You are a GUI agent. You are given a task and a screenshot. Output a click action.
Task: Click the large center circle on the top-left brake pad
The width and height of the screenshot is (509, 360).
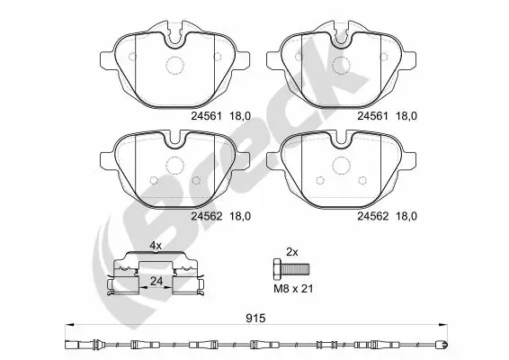click(x=175, y=67)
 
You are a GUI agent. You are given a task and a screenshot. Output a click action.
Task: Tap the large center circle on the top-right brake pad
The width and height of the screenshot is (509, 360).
click(x=341, y=66)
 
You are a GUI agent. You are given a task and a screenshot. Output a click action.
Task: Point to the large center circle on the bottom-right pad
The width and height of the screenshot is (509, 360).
click(x=341, y=166)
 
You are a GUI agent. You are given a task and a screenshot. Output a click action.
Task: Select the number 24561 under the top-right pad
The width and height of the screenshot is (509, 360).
click(x=372, y=116)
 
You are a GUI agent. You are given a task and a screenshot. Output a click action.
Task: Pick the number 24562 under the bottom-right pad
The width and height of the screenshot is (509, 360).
click(x=372, y=215)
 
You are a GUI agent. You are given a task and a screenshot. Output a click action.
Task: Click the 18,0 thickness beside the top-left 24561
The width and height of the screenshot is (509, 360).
click(x=239, y=116)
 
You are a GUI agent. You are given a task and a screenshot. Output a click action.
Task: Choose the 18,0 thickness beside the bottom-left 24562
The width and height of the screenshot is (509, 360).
click(x=239, y=215)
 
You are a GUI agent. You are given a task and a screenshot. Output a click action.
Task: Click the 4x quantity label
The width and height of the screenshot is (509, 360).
click(x=155, y=245)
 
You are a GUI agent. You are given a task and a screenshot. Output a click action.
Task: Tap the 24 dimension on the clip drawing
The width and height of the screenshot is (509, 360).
click(x=155, y=281)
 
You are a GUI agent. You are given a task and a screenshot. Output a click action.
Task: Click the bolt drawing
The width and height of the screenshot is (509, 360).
click(x=290, y=267)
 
